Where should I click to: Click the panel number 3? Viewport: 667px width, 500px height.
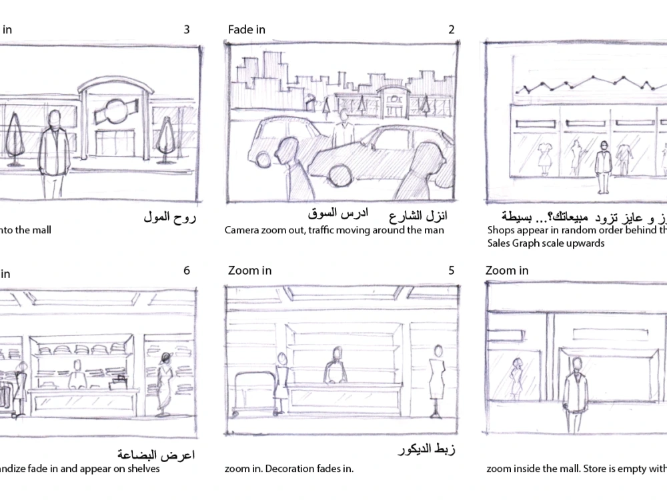click(x=187, y=29)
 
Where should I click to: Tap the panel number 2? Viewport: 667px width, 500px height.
click(x=452, y=29)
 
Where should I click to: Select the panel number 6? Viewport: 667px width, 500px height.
click(x=187, y=271)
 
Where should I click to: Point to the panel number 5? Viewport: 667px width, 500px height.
click(x=452, y=271)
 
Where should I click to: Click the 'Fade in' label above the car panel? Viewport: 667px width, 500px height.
click(x=246, y=29)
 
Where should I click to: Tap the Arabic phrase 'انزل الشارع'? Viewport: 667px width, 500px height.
click(x=418, y=216)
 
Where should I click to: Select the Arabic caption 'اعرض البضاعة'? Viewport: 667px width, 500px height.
click(x=156, y=455)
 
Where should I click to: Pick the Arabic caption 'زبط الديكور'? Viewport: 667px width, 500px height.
click(x=426, y=449)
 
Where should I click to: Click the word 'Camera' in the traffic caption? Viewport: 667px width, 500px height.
click(x=241, y=230)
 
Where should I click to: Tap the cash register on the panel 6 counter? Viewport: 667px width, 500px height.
click(x=119, y=381)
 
